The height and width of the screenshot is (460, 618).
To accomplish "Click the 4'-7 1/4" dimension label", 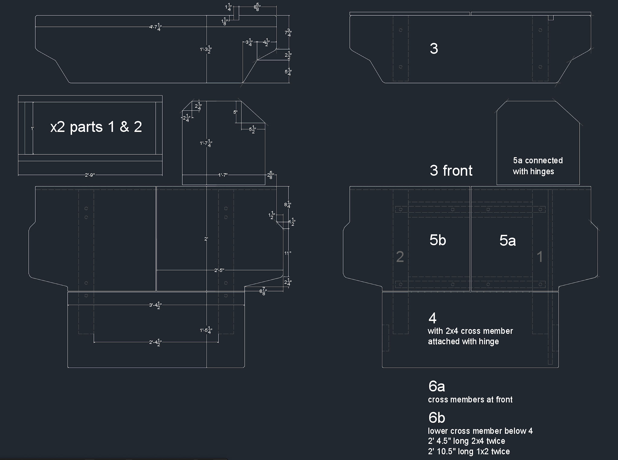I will (x=156, y=27).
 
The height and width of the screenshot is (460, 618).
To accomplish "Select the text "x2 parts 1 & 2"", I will (x=96, y=127).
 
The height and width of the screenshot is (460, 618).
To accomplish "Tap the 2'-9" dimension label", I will (x=90, y=175).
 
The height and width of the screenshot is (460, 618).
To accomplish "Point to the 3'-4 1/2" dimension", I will (x=156, y=305).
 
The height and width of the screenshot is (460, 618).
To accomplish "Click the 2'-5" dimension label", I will (x=219, y=270).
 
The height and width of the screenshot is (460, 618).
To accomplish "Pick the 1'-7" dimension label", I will (x=223, y=175).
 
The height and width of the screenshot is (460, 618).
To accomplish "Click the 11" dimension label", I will (x=287, y=253).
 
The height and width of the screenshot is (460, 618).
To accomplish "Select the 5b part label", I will (x=438, y=240).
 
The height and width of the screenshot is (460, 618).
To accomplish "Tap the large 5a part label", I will (x=508, y=241).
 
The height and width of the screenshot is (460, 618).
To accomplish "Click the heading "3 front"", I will (x=451, y=171).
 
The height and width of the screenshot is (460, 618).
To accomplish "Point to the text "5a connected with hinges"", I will (x=537, y=166).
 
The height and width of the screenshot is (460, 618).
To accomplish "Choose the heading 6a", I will (x=436, y=386).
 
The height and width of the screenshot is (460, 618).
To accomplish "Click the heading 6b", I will (x=436, y=418).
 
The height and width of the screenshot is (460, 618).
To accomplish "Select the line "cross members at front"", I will (x=470, y=400).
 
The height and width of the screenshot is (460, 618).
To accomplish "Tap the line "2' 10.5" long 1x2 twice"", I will (x=469, y=452).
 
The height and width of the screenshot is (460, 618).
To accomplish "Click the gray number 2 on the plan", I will (x=400, y=257).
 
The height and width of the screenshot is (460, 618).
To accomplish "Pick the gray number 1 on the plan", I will (x=540, y=257).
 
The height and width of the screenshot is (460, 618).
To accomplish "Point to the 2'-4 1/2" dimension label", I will (x=156, y=343).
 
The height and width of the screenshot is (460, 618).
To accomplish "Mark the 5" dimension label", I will (x=235, y=112).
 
